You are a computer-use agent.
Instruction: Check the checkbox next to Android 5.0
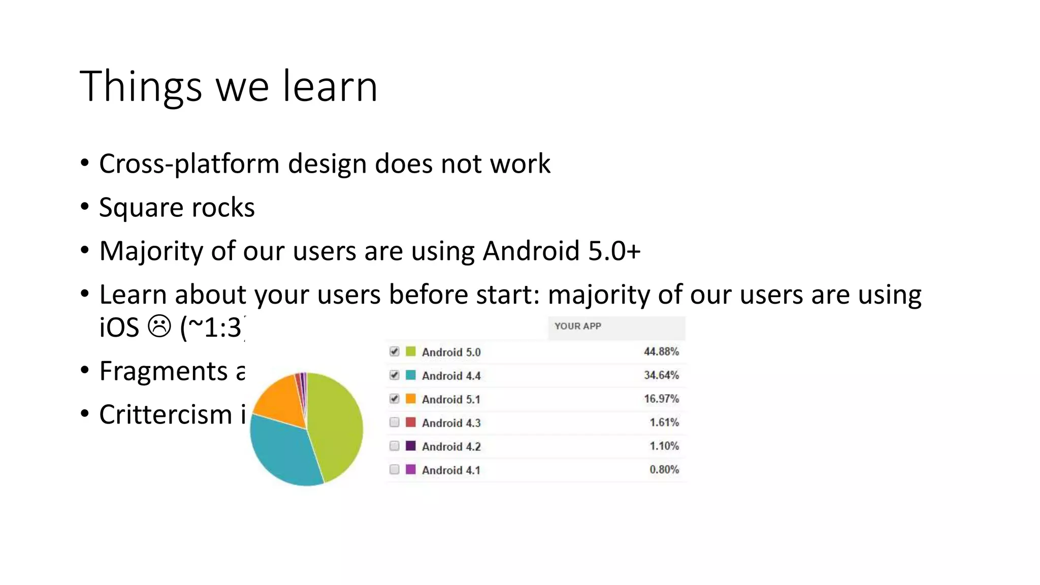point(395,351)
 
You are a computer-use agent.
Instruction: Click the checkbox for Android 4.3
point(395,422)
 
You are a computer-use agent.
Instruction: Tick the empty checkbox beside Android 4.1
point(395,470)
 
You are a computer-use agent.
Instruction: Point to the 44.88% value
point(661,351)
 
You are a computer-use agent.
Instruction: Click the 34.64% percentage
point(661,375)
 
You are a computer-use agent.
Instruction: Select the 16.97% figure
point(661,399)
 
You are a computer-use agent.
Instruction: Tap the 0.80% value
point(664,470)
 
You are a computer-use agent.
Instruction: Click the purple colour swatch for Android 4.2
point(411,446)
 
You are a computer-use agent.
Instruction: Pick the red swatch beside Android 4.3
point(411,422)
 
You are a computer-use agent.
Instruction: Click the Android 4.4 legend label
point(451,376)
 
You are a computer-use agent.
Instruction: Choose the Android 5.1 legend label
point(451,400)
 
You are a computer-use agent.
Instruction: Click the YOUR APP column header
point(577,327)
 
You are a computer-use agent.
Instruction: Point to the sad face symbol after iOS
point(159,326)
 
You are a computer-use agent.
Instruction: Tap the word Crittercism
point(166,414)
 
